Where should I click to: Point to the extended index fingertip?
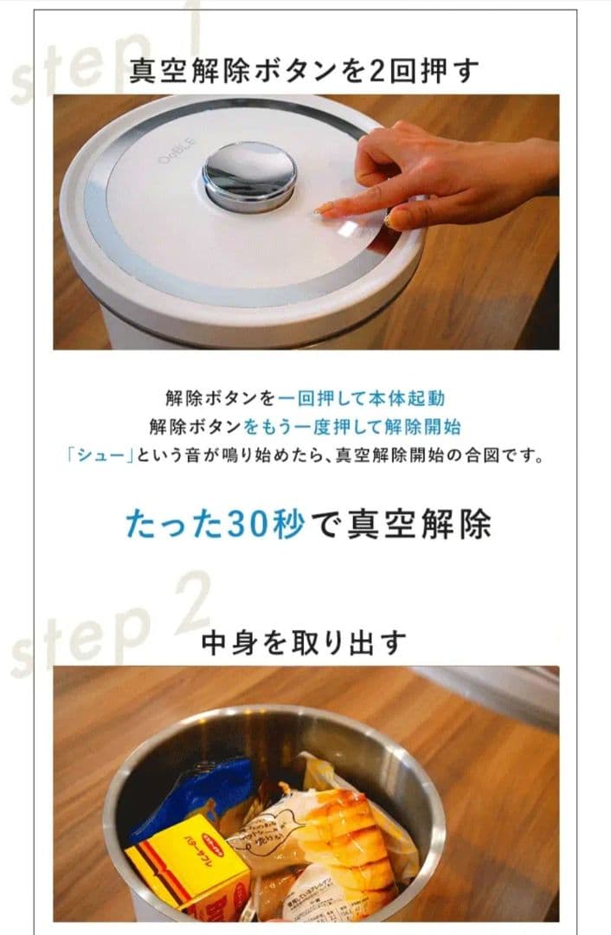point(323,209)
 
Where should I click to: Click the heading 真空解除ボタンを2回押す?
point(304,70)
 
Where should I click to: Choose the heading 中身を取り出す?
point(304,642)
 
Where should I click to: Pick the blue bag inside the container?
point(195,792)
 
